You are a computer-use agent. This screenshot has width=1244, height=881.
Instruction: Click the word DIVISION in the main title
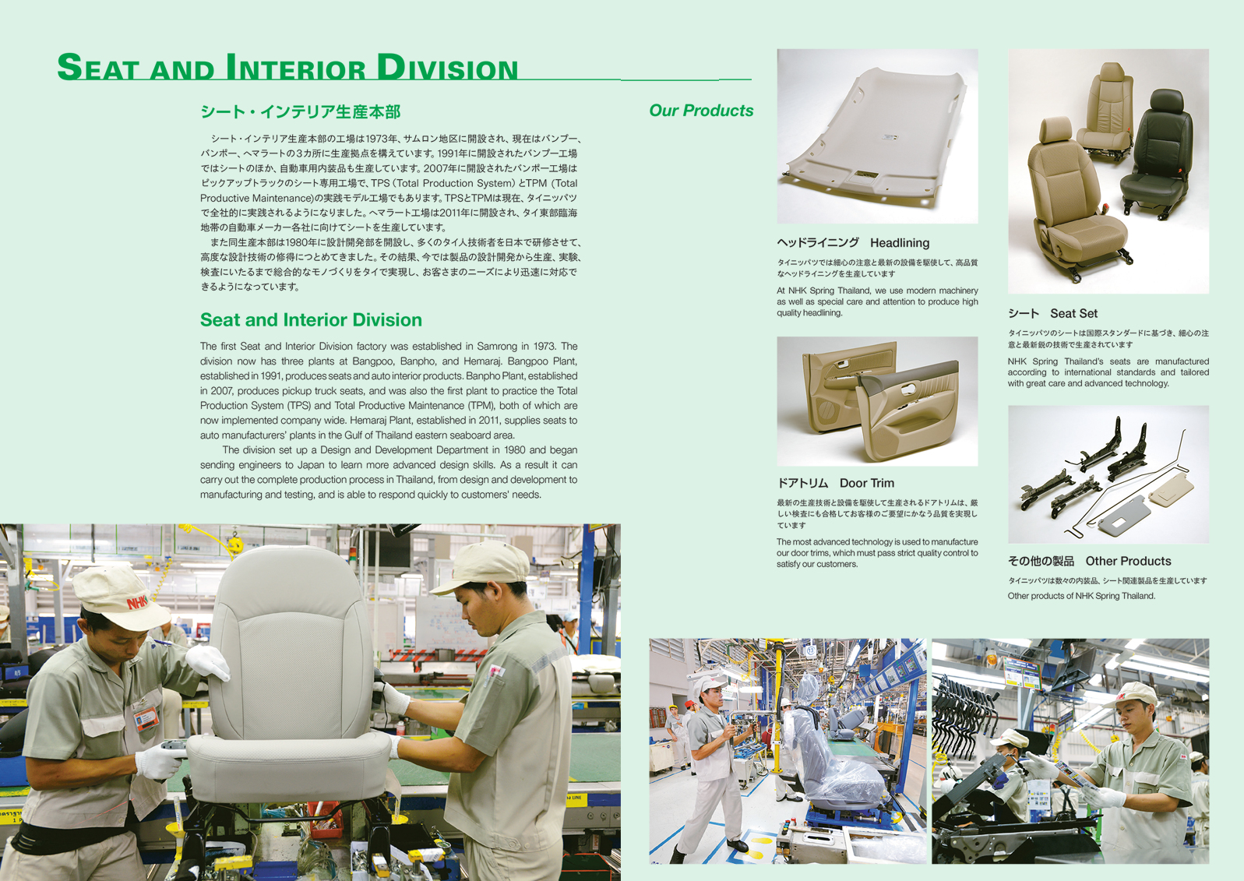coord(447,67)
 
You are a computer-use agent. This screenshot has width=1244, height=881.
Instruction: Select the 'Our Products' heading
coord(701,111)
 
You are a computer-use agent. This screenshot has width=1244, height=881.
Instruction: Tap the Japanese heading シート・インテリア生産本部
coord(301,111)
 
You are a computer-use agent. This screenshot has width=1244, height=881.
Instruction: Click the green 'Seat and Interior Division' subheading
coord(311,320)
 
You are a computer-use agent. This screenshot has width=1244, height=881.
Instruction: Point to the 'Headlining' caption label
coord(900,243)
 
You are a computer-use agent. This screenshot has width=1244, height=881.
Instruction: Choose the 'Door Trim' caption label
coord(867,483)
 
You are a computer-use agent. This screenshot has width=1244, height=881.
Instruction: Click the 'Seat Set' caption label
coord(1073,313)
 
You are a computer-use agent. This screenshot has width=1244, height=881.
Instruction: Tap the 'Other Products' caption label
coord(1128,561)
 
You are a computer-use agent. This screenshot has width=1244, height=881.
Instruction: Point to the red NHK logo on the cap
coord(136,601)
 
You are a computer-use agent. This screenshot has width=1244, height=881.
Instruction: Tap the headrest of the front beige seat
coord(1056,129)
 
